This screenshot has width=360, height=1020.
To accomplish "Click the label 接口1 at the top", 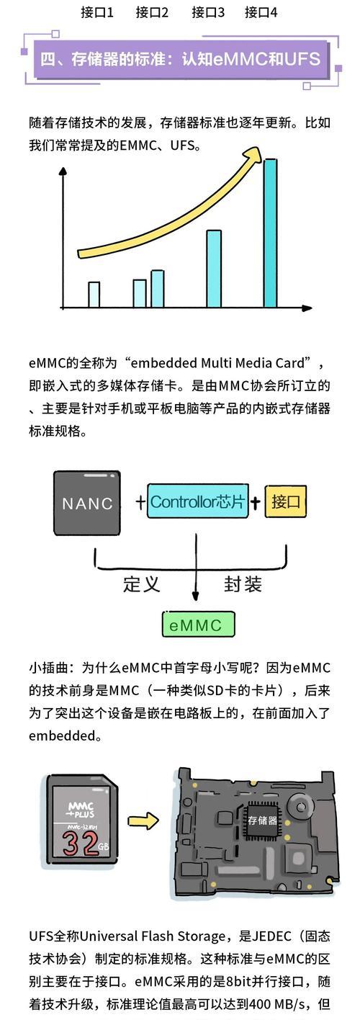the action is click(x=97, y=12).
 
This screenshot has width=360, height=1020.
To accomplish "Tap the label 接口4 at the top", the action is click(x=261, y=12).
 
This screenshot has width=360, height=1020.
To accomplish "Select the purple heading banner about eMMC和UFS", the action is click(x=181, y=59).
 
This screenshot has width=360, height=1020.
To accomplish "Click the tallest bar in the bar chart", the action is click(x=270, y=233).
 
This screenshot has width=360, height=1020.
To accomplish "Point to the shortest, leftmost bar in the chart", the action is click(x=94, y=295).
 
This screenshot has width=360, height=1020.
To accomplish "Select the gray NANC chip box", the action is click(x=87, y=503).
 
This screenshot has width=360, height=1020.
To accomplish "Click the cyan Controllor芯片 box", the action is click(x=198, y=501).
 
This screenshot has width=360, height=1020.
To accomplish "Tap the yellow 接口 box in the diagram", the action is click(x=286, y=501).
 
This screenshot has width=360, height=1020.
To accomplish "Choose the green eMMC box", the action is click(x=199, y=625).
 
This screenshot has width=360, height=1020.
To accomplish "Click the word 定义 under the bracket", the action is click(x=142, y=584).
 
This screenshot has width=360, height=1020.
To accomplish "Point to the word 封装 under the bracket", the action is click(x=243, y=584).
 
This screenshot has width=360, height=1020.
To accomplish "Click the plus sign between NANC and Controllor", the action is click(x=140, y=502).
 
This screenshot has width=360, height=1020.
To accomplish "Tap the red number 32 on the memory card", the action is click(x=80, y=843).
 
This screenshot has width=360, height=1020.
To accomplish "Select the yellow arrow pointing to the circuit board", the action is click(x=143, y=821).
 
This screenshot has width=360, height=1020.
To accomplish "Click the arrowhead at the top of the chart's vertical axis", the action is click(x=63, y=171).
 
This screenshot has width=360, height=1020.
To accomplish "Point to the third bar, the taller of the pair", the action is click(x=158, y=289).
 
